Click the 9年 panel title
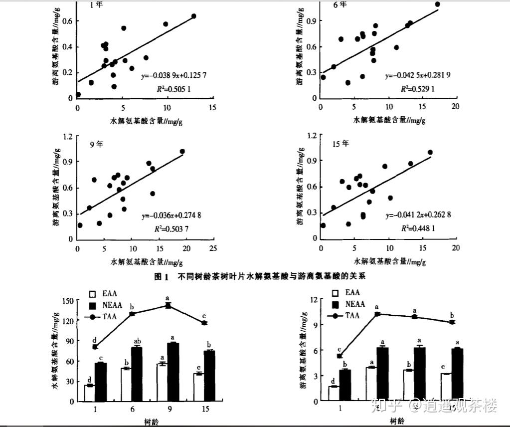pyautogui.click(x=97, y=144)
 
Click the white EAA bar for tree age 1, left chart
pyautogui.click(x=90, y=393)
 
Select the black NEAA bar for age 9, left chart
pyautogui.click(x=173, y=372)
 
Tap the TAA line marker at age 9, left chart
pyautogui.click(x=169, y=305)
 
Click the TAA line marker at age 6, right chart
pyautogui.click(x=377, y=314)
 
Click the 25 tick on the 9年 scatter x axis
pyautogui.click(x=213, y=248)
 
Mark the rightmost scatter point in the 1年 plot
pyautogui.click(x=194, y=16)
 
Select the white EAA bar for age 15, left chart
pyautogui.click(x=198, y=387)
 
